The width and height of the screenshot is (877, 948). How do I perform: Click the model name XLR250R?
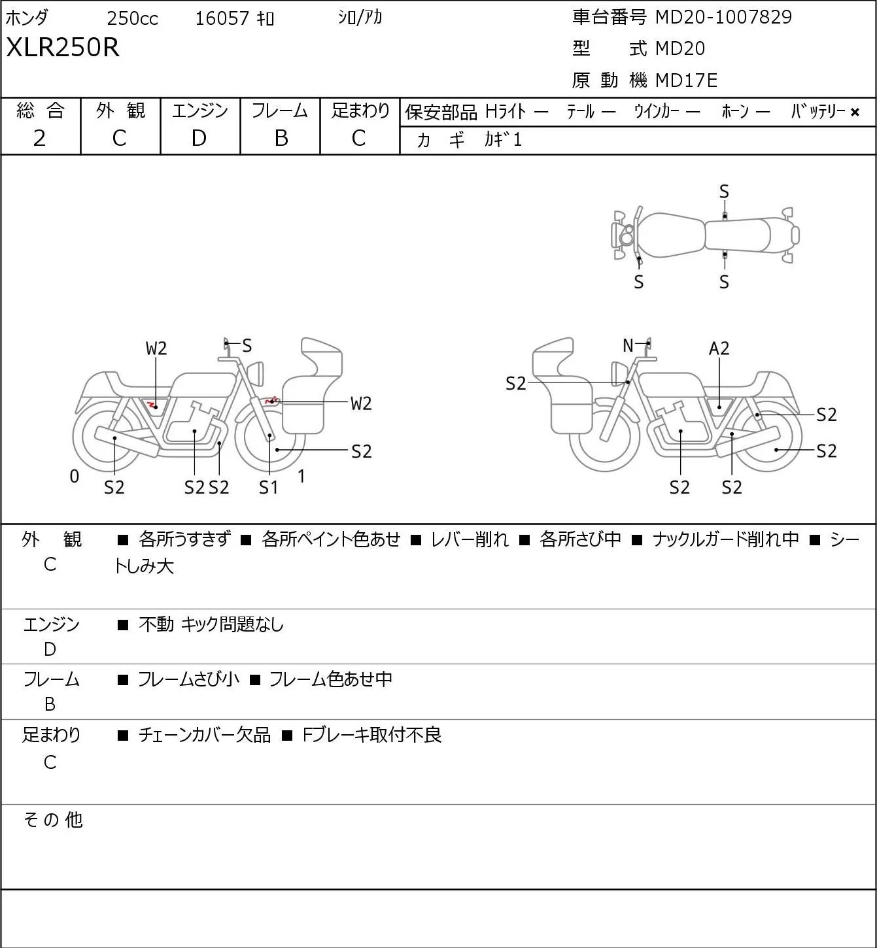coord(63,47)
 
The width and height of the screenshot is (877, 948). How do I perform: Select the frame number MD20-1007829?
coord(723,17)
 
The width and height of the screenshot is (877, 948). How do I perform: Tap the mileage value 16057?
coord(222,18)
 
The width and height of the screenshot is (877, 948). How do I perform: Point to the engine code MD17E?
coord(686,80)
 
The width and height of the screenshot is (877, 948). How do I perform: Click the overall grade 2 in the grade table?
coord(39,139)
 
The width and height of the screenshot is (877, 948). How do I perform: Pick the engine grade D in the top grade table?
coord(199,139)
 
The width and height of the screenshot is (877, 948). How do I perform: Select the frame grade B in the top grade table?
coord(281,139)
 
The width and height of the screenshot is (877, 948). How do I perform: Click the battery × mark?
coord(855,112)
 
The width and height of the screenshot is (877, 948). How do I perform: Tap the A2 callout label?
coord(719,348)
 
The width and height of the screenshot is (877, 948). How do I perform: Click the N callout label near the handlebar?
coord(628,345)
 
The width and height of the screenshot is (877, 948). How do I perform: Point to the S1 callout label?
coord(268,487)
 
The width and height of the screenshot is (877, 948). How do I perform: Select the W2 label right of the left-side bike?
coord(360,404)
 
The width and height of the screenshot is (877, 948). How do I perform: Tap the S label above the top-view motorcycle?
coord(724,192)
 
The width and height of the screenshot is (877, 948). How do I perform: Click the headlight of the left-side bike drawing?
coord(256,374)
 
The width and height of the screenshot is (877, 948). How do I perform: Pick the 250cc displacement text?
coord(132,18)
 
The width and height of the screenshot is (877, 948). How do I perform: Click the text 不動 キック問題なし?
coord(211,624)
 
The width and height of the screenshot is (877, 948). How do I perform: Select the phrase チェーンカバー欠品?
coord(205,735)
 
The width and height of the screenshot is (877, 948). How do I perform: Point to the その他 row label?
coord(53,820)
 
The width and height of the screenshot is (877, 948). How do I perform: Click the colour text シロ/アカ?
coord(360,18)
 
